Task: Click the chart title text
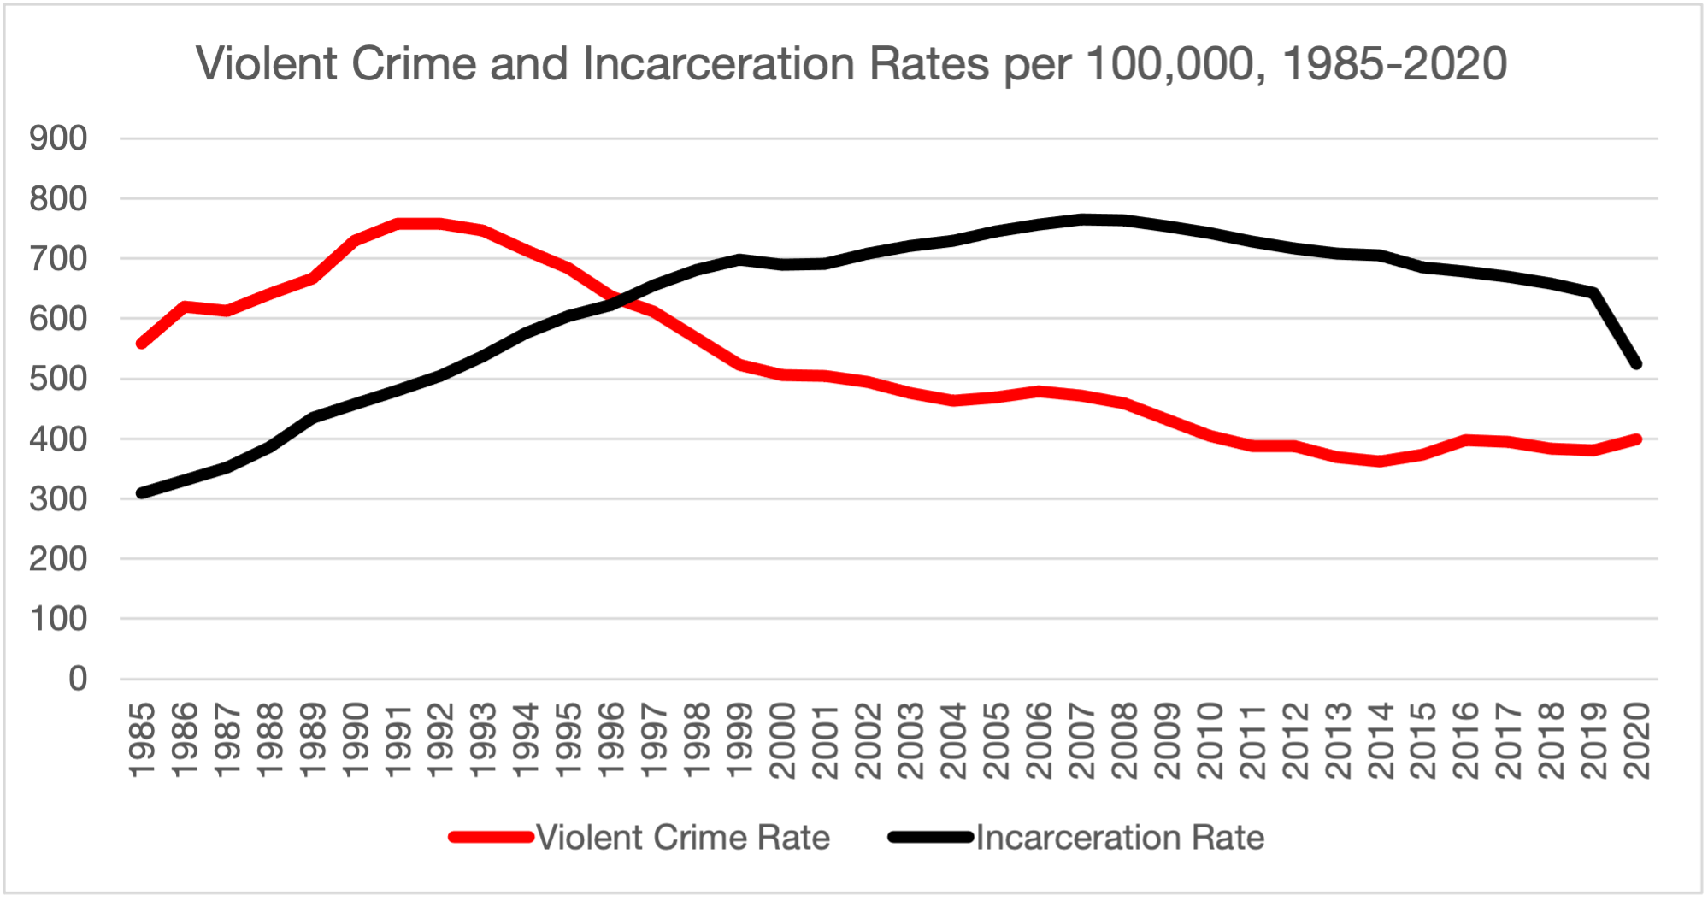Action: pos(851,64)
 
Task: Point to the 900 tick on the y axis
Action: pos(58,138)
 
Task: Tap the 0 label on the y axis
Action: pos(78,680)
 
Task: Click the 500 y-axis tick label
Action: pos(58,379)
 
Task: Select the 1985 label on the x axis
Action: pos(141,740)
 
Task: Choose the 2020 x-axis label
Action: pos(1636,740)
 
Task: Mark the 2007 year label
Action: pos(1081,740)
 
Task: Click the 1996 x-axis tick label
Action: pos(611,740)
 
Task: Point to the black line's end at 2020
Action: pos(1636,364)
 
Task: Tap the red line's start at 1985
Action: pos(141,344)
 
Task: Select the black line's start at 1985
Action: pos(141,493)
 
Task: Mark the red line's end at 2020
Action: pos(1636,439)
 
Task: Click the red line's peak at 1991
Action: pos(398,224)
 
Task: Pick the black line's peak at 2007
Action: pos(1081,219)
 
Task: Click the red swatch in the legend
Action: pos(492,838)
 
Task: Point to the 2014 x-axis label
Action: pos(1381,740)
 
